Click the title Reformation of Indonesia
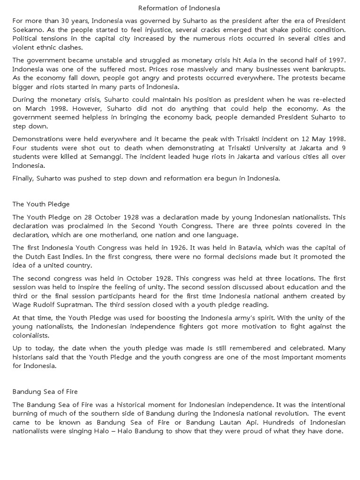pos(180,8)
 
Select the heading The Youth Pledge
pos(41,204)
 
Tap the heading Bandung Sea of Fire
pos(46,390)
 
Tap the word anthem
pos(274,296)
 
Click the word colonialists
pos(33,335)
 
